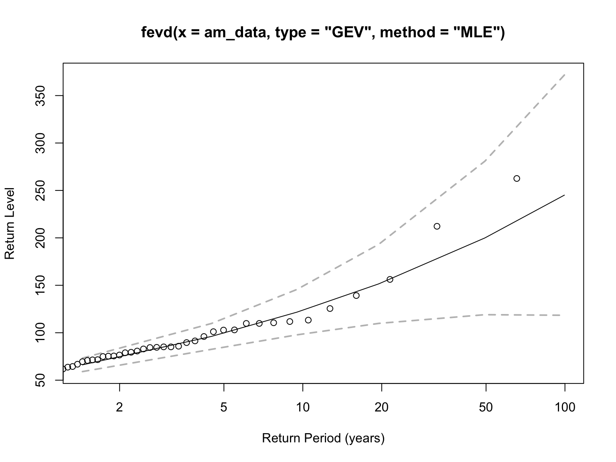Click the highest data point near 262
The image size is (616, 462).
coord(517,178)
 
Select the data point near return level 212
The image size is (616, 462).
coord(437,226)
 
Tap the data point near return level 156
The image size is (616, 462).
coord(390,279)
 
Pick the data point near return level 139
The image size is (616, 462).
coord(356,296)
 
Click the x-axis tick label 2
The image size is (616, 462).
coord(119,408)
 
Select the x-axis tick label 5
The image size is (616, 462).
coord(224,408)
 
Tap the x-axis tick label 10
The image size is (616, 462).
coord(303,408)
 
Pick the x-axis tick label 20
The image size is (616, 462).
coord(381,408)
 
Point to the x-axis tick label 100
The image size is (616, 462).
coord(565,408)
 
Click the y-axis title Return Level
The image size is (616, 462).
coord(10,223)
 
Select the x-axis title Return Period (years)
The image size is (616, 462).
coord(323,438)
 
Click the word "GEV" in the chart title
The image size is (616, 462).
coord(348,32)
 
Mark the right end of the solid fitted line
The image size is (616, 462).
coord(564,195)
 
